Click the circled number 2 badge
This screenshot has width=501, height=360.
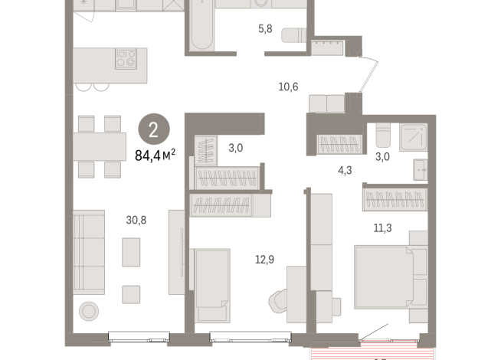point(153,129)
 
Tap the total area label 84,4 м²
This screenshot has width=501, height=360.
point(155,155)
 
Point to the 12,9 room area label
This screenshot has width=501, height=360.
point(266,259)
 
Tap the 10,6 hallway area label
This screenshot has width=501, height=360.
point(288,86)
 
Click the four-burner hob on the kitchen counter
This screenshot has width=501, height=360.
point(126,59)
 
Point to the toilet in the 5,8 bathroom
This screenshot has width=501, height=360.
point(294,35)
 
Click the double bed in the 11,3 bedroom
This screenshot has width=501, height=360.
point(388,273)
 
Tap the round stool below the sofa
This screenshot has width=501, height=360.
point(90,309)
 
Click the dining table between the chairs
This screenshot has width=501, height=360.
point(100,146)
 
